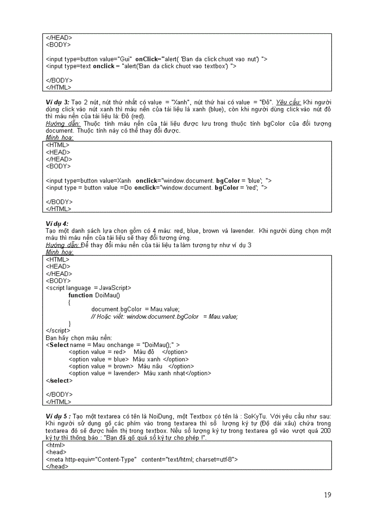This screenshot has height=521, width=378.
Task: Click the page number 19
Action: tap(328, 495)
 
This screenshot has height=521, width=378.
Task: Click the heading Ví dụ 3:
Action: tap(57, 102)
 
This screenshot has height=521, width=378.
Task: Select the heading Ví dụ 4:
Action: tap(57, 224)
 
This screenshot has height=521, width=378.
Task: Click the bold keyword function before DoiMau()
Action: tap(81, 295)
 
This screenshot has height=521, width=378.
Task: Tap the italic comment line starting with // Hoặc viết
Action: tap(164, 316)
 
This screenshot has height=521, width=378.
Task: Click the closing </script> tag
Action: tap(58, 330)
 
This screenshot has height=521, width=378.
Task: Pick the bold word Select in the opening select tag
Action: tap(59, 345)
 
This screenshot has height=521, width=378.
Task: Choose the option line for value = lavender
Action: tap(139, 373)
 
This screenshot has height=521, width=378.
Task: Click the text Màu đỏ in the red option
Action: tap(144, 352)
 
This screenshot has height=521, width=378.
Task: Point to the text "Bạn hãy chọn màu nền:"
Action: tap(79, 338)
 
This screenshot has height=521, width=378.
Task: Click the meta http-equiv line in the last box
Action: tap(142, 459)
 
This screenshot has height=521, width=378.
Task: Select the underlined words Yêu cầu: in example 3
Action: tap(289, 102)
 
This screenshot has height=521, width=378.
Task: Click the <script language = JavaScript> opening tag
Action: tap(88, 288)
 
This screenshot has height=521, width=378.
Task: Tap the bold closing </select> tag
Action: tap(59, 380)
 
